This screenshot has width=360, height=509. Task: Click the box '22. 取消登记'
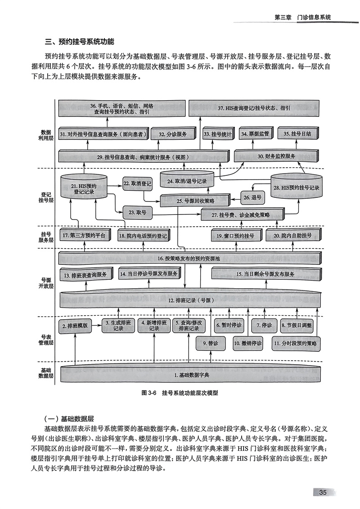(137, 183)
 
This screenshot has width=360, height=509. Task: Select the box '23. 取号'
(137, 211)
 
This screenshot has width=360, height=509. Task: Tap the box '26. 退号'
(253, 197)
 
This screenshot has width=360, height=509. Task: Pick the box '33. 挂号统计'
(217, 134)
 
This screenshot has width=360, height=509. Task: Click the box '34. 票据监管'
(255, 134)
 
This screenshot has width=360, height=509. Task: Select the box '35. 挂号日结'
(298, 134)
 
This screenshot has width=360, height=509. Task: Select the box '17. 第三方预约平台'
(84, 235)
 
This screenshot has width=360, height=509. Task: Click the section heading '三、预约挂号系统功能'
(80, 43)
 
